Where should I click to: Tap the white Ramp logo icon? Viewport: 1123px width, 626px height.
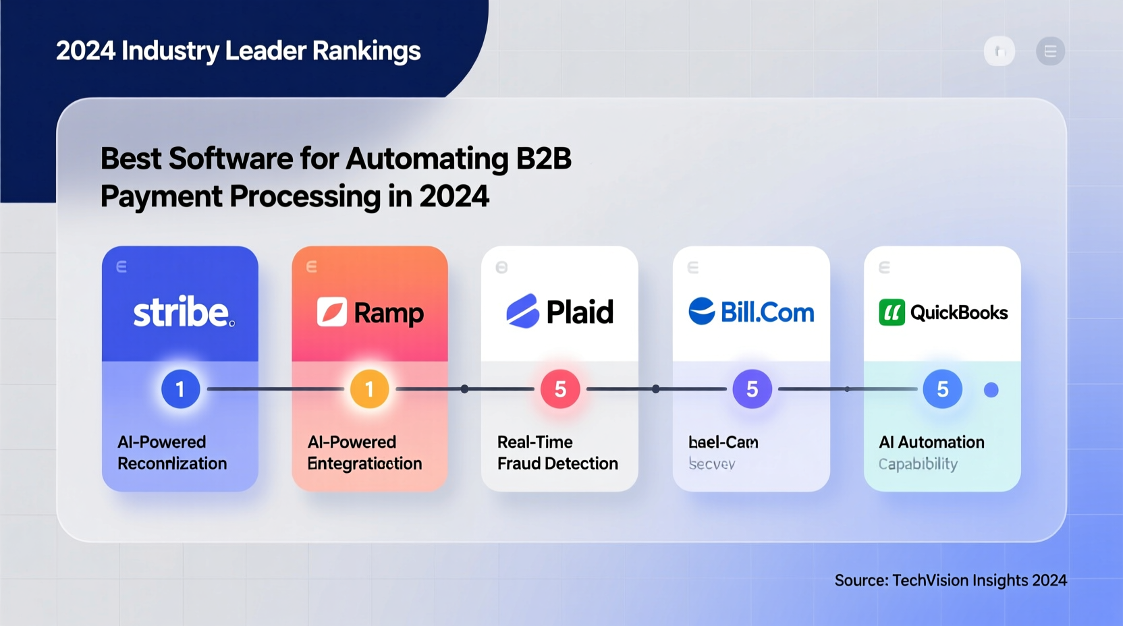pos(332,312)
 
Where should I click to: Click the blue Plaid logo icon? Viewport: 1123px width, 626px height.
pos(522,312)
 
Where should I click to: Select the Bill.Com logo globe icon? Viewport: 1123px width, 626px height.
pos(702,311)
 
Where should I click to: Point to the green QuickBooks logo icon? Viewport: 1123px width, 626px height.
pos(892,313)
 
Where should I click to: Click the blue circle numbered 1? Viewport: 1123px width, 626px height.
pos(180,389)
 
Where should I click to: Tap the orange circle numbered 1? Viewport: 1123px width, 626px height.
pos(369,389)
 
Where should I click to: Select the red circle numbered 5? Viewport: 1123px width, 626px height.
pos(560,389)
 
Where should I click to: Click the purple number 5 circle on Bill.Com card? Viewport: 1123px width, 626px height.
pos(752,389)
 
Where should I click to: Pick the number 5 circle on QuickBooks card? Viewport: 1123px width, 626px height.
pos(942,389)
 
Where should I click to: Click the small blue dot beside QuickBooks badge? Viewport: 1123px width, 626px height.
pos(991,390)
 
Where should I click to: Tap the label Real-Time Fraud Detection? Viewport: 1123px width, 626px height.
pos(557,453)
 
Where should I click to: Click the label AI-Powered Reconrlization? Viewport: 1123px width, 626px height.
pos(172,453)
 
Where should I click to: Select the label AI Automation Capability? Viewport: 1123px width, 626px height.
pos(931,453)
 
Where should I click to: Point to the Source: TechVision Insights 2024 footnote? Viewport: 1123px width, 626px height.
pos(950,581)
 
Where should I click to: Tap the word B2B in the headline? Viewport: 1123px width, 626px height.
pos(543,159)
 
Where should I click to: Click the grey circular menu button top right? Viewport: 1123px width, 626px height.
pos(1050,51)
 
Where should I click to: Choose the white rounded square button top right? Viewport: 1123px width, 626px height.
pos(999,51)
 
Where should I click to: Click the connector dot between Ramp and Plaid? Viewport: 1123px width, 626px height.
pos(464,389)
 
